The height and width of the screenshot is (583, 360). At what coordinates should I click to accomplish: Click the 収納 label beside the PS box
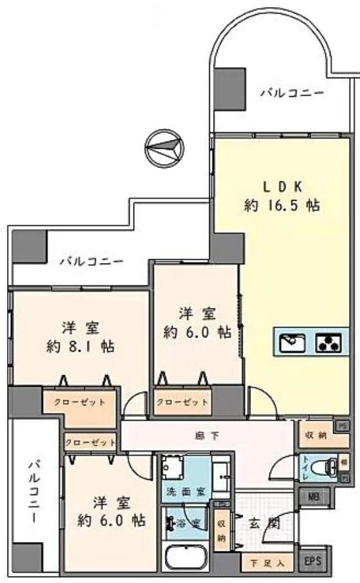click(x=314, y=436)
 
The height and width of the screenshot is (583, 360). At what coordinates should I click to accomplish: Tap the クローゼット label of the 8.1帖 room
click(x=80, y=402)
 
